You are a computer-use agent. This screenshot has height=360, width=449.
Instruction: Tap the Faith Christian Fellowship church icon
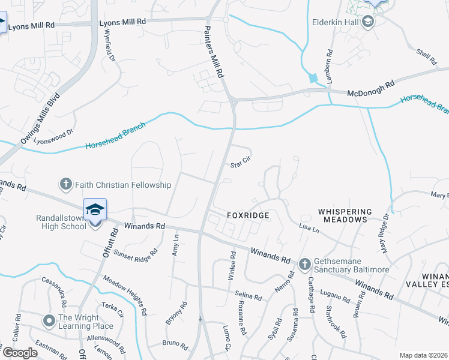pyautogui.click(x=65, y=184)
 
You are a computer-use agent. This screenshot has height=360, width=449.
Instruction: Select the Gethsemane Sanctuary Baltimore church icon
pyautogui.click(x=305, y=263)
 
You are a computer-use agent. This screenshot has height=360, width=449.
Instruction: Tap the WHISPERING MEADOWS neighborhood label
pyautogui.click(x=345, y=216)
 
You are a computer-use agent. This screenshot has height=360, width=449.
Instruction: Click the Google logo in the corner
pyautogui.click(x=20, y=353)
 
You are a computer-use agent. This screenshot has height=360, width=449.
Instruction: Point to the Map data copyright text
pyautogui.click(x=423, y=355)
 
